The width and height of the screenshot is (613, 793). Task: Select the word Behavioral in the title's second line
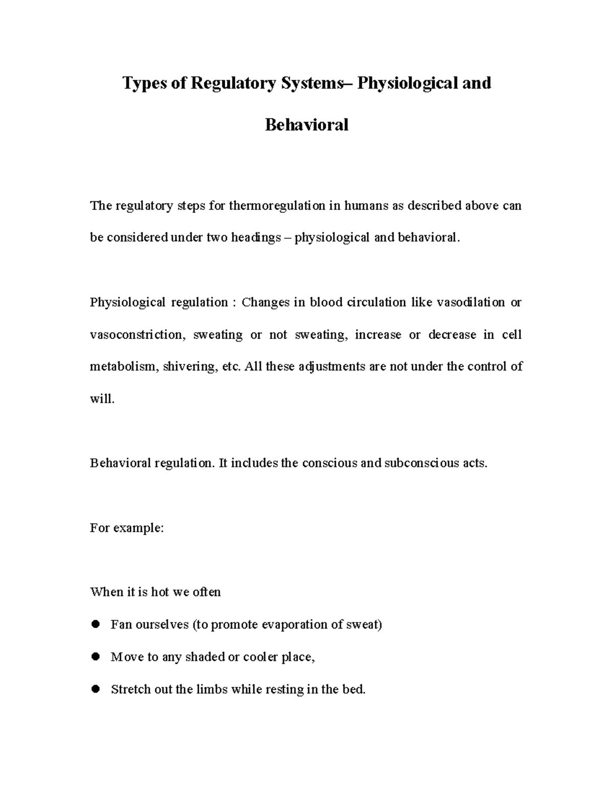(306, 125)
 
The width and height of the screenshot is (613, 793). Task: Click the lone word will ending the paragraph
(101, 399)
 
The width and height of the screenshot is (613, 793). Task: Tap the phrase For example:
(127, 528)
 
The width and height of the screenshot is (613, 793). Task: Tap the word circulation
(377, 302)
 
